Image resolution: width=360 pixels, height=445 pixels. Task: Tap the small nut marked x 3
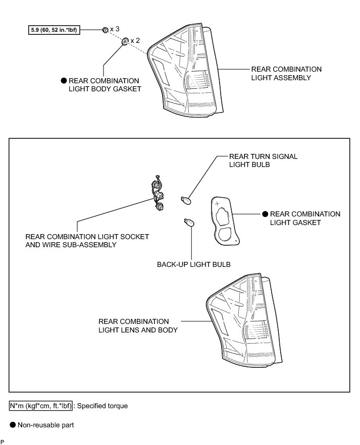click(x=105, y=30)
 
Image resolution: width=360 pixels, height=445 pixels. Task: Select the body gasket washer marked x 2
click(x=124, y=41)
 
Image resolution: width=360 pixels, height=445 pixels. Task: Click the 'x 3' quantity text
click(x=115, y=29)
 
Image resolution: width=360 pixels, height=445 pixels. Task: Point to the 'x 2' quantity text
click(x=135, y=40)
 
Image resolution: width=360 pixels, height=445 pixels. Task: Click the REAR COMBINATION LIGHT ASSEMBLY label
click(x=286, y=73)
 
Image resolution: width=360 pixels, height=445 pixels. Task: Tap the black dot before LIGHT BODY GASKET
click(x=64, y=81)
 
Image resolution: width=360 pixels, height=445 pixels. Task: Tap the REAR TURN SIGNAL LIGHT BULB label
click(x=263, y=160)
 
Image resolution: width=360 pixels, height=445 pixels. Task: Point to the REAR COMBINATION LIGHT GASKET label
click(x=305, y=218)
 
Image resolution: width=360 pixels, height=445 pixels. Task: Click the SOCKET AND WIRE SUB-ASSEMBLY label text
click(x=87, y=241)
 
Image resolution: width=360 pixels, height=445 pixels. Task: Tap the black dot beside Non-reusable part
click(x=13, y=425)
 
